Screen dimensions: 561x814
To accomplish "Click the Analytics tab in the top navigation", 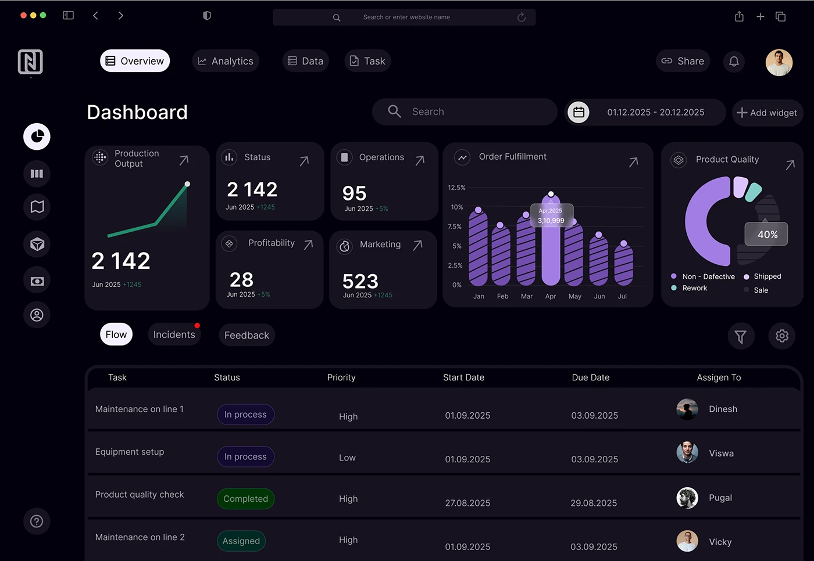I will (x=226, y=61).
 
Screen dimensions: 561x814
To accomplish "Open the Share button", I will (x=683, y=61).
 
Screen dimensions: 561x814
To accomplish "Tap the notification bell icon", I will (x=734, y=61).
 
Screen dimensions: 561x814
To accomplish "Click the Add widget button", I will (x=767, y=113).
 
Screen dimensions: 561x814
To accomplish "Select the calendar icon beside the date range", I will (x=579, y=112).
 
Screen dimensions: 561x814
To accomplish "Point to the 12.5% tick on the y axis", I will (x=456, y=188).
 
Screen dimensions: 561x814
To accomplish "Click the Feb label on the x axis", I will (x=502, y=296).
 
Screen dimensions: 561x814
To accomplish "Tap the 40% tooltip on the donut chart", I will (x=766, y=235).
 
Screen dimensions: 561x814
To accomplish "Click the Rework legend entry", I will (x=694, y=288).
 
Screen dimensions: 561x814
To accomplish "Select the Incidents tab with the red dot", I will (x=174, y=335).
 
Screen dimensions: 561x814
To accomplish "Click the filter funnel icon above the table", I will (x=740, y=336).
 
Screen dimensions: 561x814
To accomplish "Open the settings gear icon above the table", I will (x=781, y=336).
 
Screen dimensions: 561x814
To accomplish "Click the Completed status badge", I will (x=245, y=499).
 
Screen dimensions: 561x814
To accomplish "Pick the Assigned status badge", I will (x=241, y=541).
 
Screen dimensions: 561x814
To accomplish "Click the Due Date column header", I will (x=590, y=377).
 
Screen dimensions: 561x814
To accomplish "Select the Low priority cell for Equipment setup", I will (x=347, y=458).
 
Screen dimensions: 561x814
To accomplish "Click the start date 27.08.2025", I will (x=467, y=503).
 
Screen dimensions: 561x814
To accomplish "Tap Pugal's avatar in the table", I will (x=687, y=498).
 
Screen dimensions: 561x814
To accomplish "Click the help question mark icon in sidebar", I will (x=37, y=521).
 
